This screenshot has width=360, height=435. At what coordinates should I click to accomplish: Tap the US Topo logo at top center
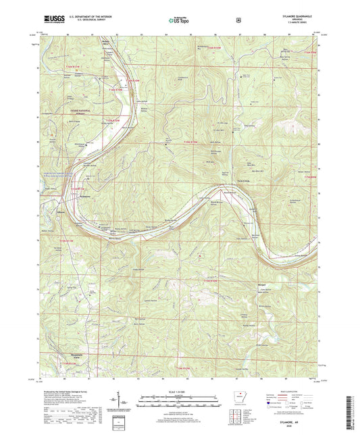click(178, 21)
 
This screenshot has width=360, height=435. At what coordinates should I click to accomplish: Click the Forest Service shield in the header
click(238, 21)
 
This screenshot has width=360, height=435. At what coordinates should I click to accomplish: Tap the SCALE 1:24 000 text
click(178, 391)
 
